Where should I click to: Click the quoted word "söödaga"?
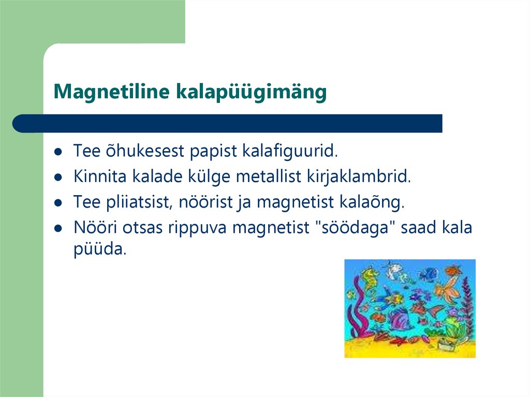(x=357, y=227)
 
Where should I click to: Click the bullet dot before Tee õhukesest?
(x=58, y=153)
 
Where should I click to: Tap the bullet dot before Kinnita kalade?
(x=58, y=178)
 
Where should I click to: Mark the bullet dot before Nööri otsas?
(x=58, y=228)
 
